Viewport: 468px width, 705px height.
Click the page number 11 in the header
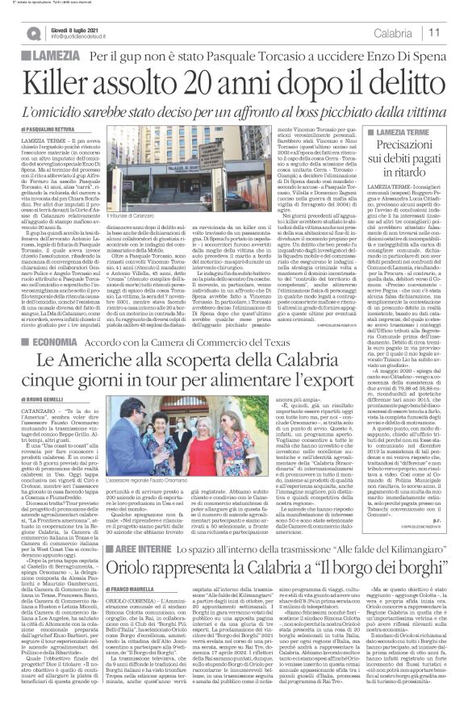(x=453, y=32)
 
